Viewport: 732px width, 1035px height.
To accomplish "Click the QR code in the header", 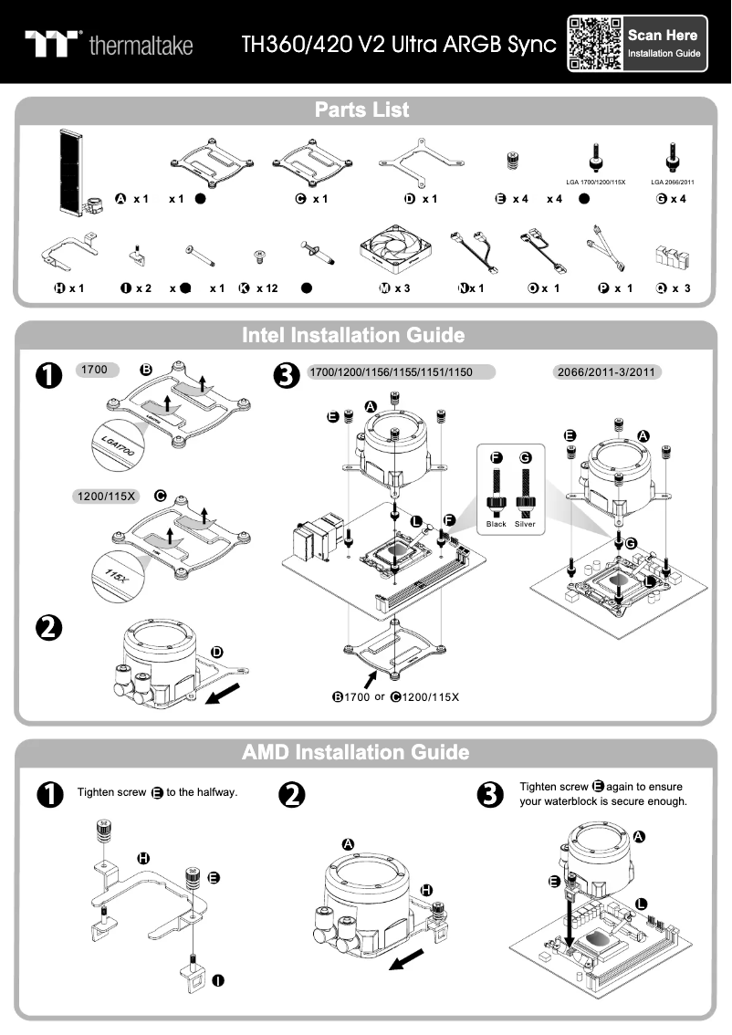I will (x=595, y=44).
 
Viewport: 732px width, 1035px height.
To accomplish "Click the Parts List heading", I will (x=361, y=110).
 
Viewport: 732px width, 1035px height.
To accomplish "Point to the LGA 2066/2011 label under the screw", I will (x=673, y=183).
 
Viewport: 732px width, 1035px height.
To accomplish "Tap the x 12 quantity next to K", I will (x=267, y=288).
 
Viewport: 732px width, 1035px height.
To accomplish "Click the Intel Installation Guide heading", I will (x=353, y=335).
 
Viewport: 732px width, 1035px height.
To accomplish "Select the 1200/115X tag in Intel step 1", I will (x=105, y=497).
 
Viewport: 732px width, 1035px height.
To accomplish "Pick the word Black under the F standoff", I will (x=497, y=525).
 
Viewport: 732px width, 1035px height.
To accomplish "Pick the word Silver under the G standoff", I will (x=525, y=525).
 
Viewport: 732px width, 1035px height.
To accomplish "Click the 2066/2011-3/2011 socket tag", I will (x=608, y=372).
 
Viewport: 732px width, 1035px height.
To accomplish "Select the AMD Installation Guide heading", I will (x=356, y=753).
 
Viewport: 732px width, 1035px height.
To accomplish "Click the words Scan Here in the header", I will (x=663, y=36).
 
